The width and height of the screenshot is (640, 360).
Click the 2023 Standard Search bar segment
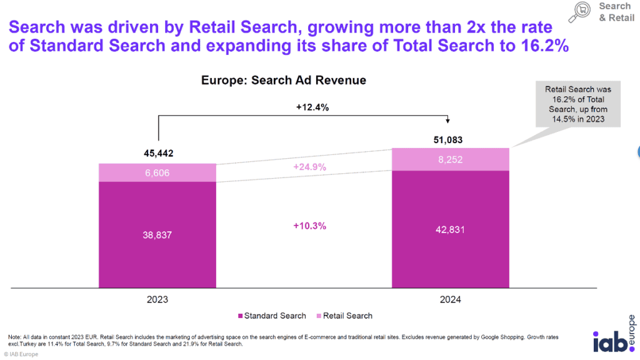[157, 234]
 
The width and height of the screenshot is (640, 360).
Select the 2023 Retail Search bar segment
[157, 172]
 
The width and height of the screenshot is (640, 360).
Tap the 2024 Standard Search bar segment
[450, 229]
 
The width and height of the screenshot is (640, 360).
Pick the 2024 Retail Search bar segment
[450, 159]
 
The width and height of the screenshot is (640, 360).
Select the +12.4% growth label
[311, 107]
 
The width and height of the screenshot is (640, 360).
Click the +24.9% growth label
[309, 168]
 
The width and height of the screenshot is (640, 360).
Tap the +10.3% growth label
[309, 226]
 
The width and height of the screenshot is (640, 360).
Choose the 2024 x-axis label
[449, 300]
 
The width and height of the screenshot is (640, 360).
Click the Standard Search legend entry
[272, 316]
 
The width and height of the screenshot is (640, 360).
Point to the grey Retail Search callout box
[577, 105]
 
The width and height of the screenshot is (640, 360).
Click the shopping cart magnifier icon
[582, 11]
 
